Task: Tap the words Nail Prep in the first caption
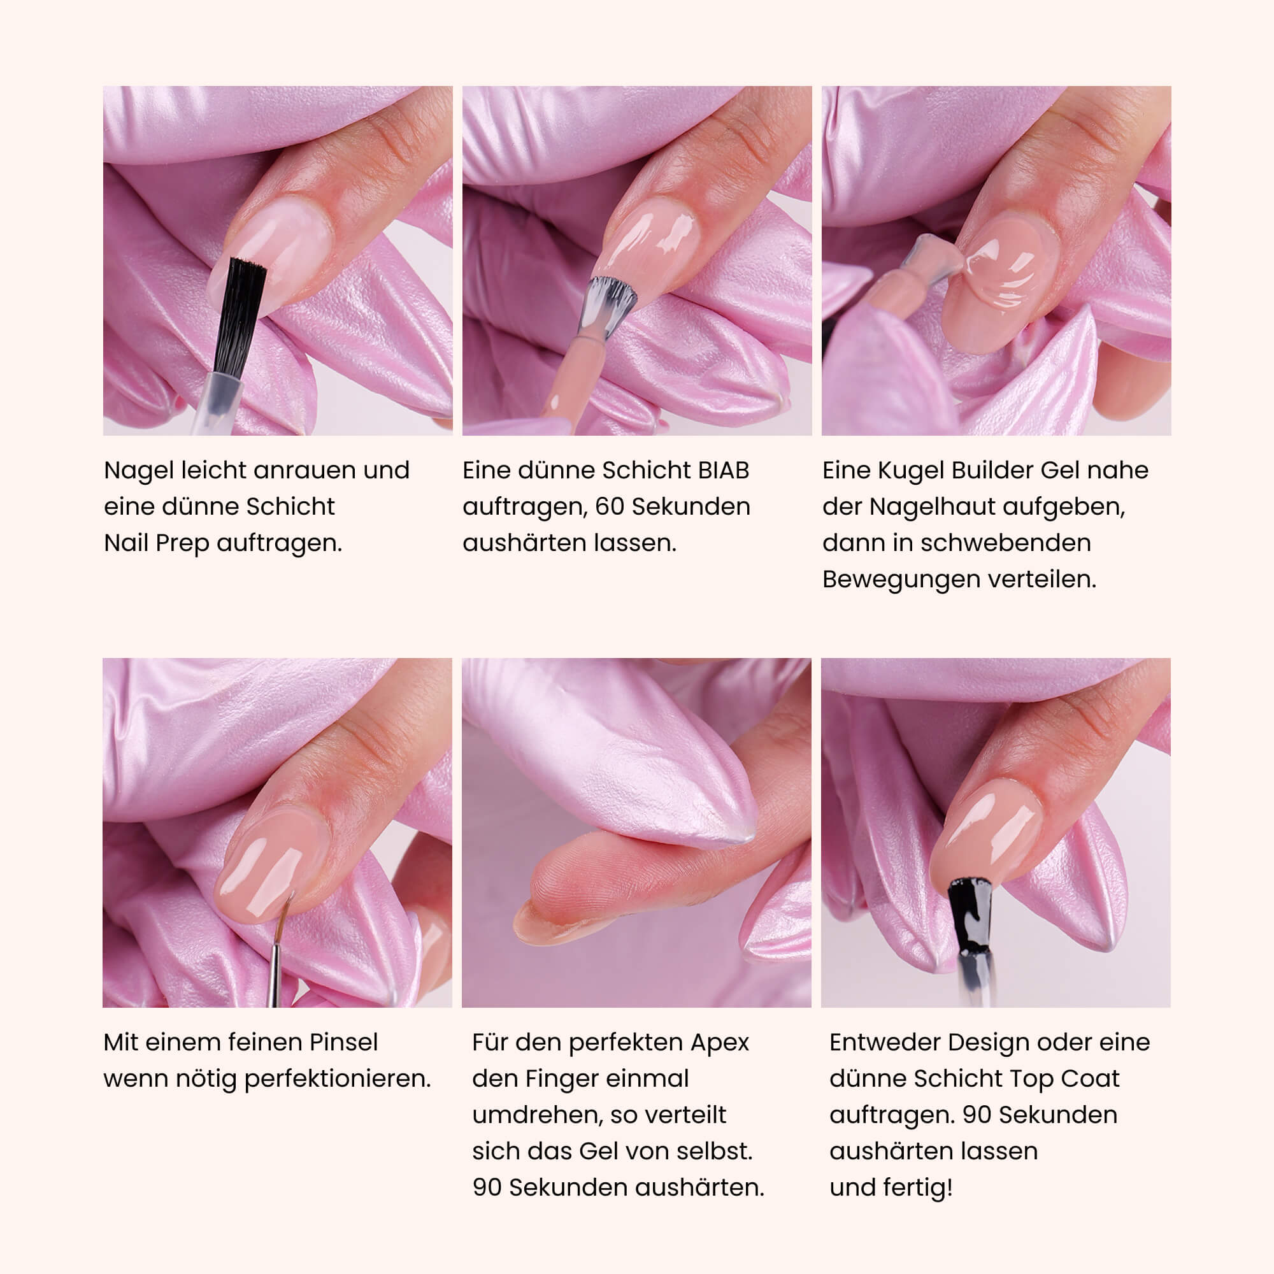pyautogui.click(x=157, y=543)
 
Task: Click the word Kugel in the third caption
pyautogui.click(x=912, y=470)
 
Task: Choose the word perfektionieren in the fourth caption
pyautogui.click(x=338, y=1079)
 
